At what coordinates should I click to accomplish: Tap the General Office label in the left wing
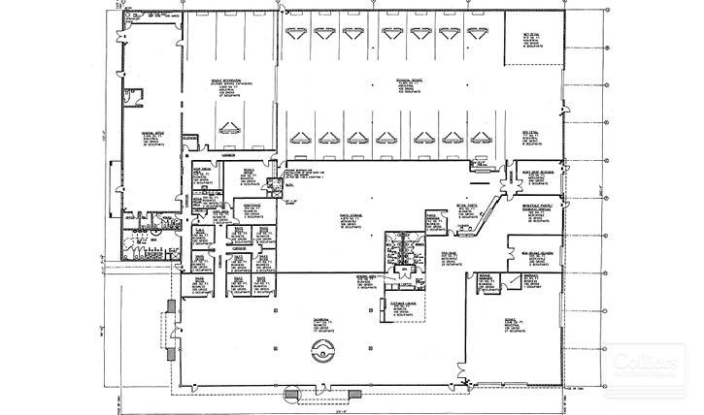[153, 135]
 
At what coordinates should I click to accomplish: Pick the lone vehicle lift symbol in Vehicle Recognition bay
[230, 127]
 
